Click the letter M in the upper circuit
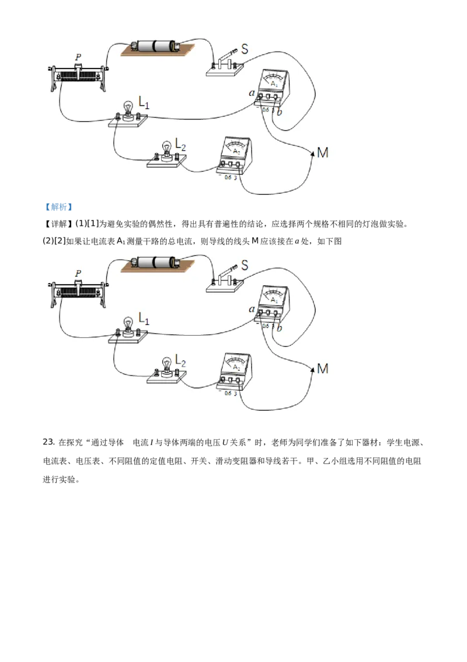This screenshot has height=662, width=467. click(x=322, y=153)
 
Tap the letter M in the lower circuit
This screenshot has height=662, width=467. click(x=322, y=369)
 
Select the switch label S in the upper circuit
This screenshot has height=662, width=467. click(x=245, y=49)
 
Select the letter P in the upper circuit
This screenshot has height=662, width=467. click(x=78, y=57)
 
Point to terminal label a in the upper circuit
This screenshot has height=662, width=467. click(x=252, y=93)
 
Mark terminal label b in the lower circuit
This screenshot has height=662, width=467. click(x=280, y=328)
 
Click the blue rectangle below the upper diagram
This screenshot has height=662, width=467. click(x=58, y=208)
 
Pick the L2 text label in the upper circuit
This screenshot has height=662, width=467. click(x=181, y=142)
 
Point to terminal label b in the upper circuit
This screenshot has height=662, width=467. click(x=280, y=112)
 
